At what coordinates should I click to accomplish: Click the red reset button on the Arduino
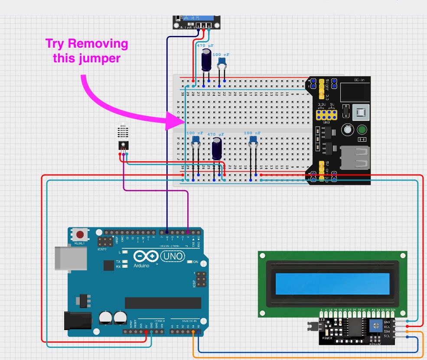pos(80,235)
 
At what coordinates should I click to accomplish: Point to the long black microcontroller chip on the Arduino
pos(163,303)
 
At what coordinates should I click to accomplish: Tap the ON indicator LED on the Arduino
pos(189,262)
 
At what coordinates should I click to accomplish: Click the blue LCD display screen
pos(333,284)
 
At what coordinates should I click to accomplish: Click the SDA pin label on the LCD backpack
pos(387,331)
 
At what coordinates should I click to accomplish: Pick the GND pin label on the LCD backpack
pos(387,322)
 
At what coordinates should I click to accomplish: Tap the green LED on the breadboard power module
pos(362,130)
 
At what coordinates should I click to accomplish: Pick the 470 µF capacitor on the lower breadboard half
pos(217,148)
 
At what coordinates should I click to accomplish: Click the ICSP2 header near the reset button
pos(104,243)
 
